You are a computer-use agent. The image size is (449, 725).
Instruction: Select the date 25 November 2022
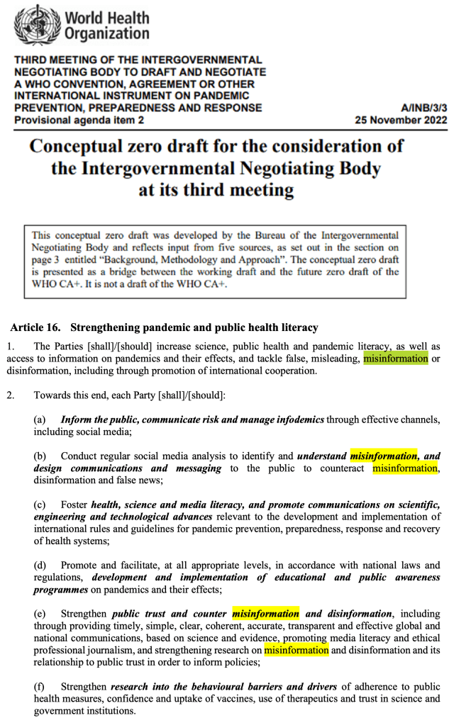pyautogui.click(x=401, y=120)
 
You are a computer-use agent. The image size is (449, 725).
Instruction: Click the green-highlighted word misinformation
pyautogui.click(x=395, y=359)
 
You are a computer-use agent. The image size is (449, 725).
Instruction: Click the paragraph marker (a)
pyautogui.click(x=40, y=420)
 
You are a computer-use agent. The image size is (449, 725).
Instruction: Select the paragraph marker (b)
pyautogui.click(x=40, y=456)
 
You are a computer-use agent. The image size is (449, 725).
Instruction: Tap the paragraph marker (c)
pyautogui.click(x=40, y=505)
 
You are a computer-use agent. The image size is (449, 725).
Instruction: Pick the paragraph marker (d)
pyautogui.click(x=40, y=565)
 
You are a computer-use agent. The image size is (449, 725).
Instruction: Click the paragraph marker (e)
pyautogui.click(x=40, y=614)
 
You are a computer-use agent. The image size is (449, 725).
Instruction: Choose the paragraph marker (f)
pyautogui.click(x=40, y=687)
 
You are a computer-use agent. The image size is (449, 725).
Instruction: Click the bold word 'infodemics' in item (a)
pyautogui.click(x=299, y=420)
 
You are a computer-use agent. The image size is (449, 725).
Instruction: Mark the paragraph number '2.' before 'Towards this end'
pyautogui.click(x=11, y=395)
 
